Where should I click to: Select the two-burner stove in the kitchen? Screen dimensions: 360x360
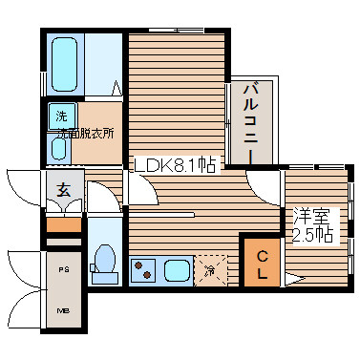pos(144,268)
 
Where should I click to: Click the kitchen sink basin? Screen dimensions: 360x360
pos(176,268)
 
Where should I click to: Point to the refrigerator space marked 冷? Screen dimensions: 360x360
pos(211,269)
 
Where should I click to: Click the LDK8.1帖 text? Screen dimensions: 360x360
pos(177,164)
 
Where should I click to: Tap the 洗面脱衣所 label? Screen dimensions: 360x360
pos(84,134)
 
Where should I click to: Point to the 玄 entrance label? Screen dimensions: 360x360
pos(61,188)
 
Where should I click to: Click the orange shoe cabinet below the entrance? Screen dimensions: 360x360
pos(64,225)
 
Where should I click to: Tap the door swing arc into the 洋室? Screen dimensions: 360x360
pos(263,182)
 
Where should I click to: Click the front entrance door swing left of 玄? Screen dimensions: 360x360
pos(24,186)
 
